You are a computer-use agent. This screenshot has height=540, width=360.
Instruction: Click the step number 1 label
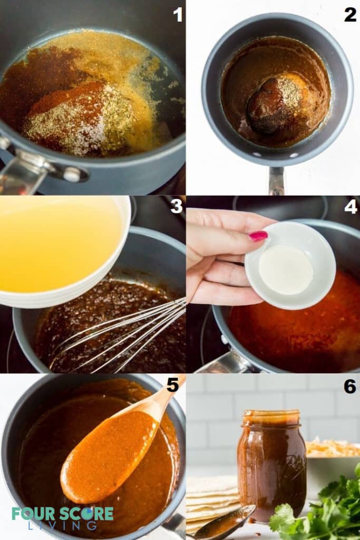178,15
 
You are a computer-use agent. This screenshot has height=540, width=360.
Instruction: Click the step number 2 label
350,15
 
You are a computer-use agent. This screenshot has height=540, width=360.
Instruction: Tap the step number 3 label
177,206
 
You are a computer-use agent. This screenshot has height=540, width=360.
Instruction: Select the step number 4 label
351,206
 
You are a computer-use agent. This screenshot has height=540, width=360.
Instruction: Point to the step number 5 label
173,385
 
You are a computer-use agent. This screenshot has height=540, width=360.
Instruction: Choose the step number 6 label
350,386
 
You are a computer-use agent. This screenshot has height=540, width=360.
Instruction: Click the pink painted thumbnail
258,236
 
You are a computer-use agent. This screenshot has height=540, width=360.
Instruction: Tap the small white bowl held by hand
289,266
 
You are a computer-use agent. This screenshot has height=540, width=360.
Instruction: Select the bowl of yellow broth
58,243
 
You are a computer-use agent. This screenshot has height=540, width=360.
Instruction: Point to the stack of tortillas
211,501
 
